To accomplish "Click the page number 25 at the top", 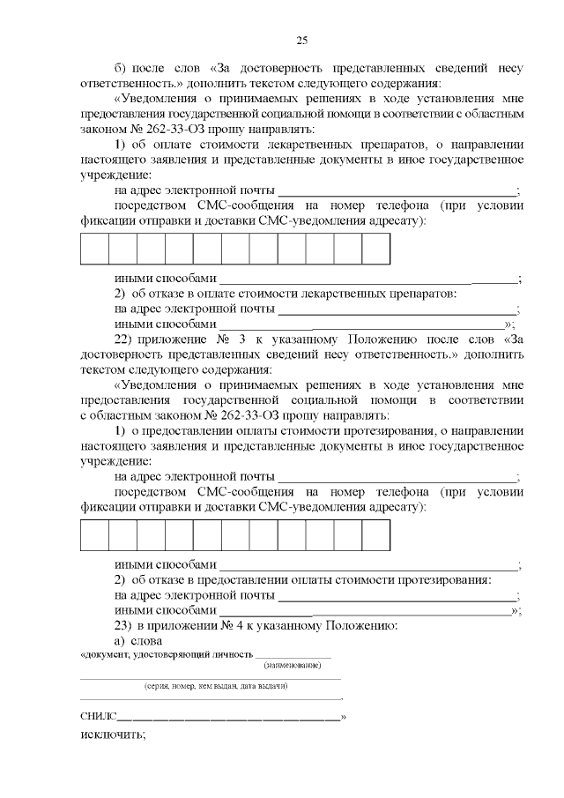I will pyautogui.click(x=301, y=40).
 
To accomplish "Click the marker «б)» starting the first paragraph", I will pyautogui.click(x=122, y=68).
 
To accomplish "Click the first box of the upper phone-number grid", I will pyautogui.click(x=94, y=249).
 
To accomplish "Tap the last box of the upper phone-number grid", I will pyautogui.click(x=375, y=249).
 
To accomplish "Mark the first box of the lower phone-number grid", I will pyautogui.click(x=94, y=535).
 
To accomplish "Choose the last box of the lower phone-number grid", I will pyautogui.click(x=375, y=535).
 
